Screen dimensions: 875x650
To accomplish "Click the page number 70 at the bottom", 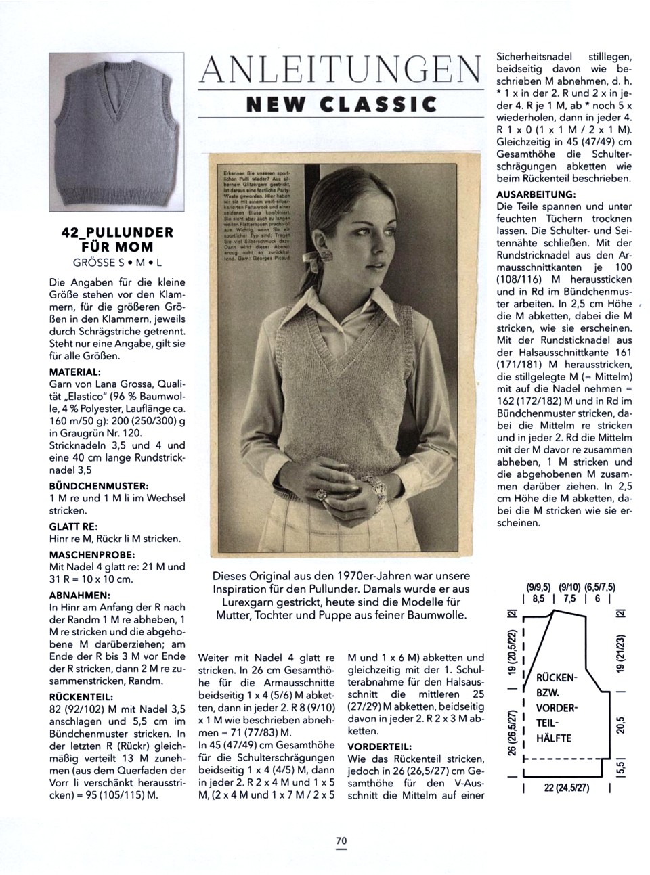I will [341, 840].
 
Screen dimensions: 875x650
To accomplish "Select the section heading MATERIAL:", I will [75, 372].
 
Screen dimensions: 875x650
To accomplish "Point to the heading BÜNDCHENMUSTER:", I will [99, 486].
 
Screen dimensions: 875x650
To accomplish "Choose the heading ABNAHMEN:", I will [80, 596].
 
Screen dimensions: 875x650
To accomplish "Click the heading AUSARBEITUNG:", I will [536, 194].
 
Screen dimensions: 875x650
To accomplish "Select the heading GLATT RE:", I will [74, 526].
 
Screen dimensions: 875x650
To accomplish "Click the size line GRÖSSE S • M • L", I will [117, 262].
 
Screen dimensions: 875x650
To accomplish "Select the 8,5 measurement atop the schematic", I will [538, 599].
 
